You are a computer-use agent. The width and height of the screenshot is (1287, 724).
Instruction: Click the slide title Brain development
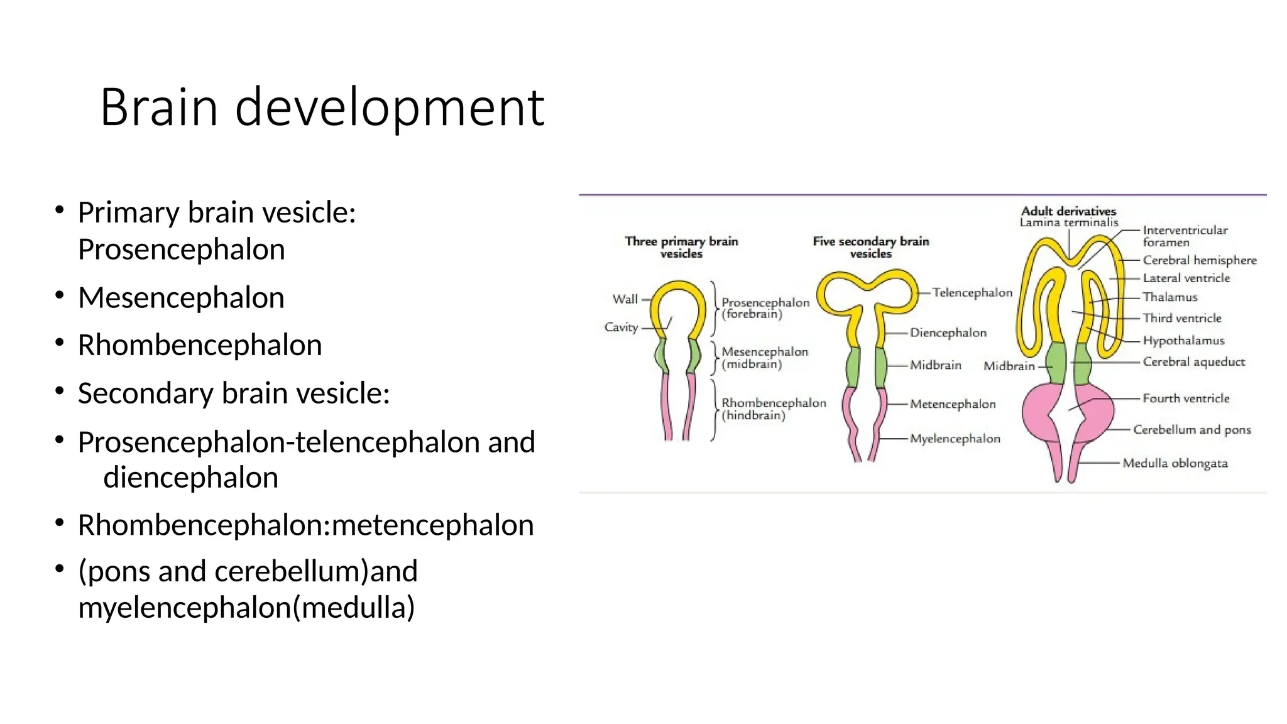(322, 107)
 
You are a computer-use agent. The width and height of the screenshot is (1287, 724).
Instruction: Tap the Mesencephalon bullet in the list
(181, 297)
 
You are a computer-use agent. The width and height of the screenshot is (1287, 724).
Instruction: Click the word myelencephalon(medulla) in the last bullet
(246, 607)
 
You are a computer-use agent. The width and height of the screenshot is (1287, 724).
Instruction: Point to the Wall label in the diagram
(625, 299)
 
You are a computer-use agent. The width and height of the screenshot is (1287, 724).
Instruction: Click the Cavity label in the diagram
(621, 327)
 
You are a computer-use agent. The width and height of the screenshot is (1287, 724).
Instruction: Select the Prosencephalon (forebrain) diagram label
(765, 308)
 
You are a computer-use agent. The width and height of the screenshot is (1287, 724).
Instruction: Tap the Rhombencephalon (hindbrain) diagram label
(773, 409)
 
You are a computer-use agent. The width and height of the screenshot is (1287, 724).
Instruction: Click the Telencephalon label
(972, 292)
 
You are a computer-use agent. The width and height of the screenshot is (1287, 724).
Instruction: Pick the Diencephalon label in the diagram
(948, 332)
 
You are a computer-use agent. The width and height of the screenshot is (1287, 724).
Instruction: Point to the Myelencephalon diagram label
(955, 439)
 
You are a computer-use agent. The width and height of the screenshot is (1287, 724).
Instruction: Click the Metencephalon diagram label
(953, 404)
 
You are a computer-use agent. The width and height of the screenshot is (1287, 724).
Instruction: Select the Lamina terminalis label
(1069, 222)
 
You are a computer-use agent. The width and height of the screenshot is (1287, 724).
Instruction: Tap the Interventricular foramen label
(1184, 236)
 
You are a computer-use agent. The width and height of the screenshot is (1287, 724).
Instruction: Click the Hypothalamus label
(1183, 341)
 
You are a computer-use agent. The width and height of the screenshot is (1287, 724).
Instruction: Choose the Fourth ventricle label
(1186, 398)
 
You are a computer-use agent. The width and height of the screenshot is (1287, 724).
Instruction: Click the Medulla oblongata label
(1175, 463)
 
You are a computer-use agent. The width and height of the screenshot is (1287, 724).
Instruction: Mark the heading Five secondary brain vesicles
(870, 247)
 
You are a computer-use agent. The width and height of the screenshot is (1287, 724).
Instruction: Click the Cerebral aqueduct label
(1193, 362)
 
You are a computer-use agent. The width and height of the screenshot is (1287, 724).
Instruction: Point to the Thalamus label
(1169, 297)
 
